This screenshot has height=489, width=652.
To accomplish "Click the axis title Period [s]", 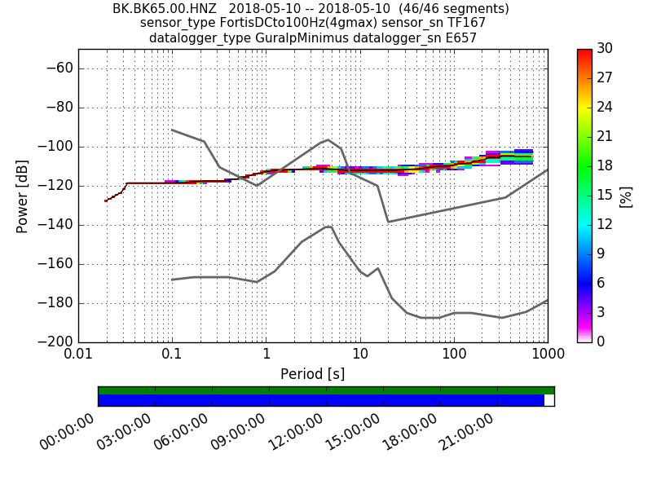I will pos(312,374).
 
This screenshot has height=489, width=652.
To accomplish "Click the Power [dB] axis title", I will pos(22,196).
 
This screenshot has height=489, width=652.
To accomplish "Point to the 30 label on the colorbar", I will pos(606,49).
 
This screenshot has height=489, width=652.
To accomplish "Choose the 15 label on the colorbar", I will pos(606,196).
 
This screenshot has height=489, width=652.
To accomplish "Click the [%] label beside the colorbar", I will pos(626,196).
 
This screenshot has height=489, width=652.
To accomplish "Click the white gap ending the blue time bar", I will pos(548,400).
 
